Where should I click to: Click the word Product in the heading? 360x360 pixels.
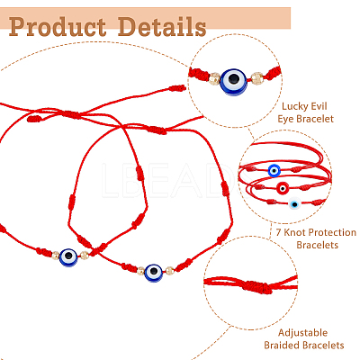point(58,27)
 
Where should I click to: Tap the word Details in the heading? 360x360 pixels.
point(162,26)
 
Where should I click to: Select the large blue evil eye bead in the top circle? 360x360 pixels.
point(233,80)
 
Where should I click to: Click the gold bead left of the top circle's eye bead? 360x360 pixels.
point(214,78)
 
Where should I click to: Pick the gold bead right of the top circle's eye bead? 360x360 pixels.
point(257,78)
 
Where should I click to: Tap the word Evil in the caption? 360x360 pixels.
point(319,106)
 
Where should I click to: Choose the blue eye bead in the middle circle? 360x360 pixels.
point(274,170)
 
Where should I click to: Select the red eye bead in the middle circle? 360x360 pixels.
point(283,188)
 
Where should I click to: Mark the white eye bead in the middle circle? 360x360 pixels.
point(294,203)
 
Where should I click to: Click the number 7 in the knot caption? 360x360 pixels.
point(279,233)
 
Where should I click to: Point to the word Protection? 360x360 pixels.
point(332,232)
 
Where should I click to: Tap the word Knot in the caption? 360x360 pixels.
point(295,232)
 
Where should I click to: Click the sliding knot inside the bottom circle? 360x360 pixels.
point(255,286)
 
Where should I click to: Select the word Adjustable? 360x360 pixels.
point(302,333)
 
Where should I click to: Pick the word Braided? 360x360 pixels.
point(282,346)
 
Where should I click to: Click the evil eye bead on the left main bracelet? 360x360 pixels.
point(68,256)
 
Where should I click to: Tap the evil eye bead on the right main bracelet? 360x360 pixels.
point(154,273)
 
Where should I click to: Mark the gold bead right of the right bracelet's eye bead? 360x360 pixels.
point(170,271)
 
